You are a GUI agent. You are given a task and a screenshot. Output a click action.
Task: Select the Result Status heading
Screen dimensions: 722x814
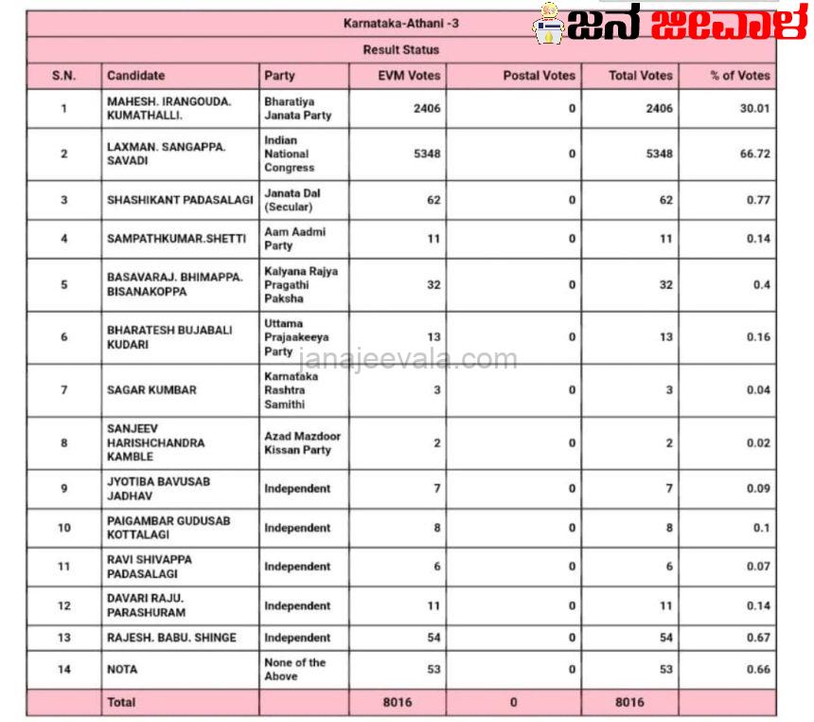[400, 49]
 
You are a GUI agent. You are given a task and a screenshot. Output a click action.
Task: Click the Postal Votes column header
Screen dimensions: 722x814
[539, 76]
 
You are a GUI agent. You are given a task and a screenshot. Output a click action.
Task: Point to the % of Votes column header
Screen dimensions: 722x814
[739, 76]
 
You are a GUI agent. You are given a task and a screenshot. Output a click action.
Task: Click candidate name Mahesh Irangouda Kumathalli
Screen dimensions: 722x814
[168, 108]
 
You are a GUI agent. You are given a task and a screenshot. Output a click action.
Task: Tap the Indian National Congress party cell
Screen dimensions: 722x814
[289, 153]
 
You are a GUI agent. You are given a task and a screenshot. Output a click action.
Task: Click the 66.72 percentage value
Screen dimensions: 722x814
[754, 153]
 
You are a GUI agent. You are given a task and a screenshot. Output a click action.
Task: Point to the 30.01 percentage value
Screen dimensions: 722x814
[754, 108]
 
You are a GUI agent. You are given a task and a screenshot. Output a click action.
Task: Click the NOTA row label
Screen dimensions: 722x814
[122, 670]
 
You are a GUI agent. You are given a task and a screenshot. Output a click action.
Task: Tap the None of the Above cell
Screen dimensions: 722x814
[294, 670]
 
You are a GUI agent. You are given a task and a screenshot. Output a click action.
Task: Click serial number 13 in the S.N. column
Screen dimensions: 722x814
[63, 638]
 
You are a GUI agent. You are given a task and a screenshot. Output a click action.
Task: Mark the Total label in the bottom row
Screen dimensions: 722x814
[121, 702]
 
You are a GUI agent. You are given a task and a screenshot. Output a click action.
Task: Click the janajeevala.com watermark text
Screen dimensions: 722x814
[408, 360]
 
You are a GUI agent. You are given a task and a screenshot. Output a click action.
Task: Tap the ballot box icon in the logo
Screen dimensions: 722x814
[547, 24]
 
